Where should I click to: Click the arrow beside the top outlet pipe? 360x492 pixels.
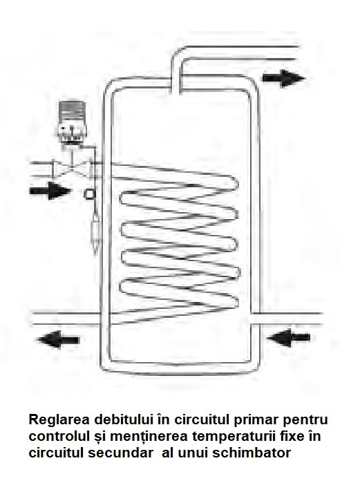tap(283, 78)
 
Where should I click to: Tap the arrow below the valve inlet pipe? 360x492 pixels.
tap(50, 191)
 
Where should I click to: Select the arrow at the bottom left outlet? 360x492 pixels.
tap(58, 339)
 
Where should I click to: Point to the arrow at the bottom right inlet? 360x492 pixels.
tap(288, 338)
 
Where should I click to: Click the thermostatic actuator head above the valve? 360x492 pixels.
tap(72, 121)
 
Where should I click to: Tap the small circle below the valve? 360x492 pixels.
tap(89, 195)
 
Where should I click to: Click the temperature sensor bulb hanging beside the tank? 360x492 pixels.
tap(95, 232)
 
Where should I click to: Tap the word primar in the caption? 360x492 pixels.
tap(253, 420)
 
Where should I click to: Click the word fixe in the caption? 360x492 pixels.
tap(290, 437)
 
